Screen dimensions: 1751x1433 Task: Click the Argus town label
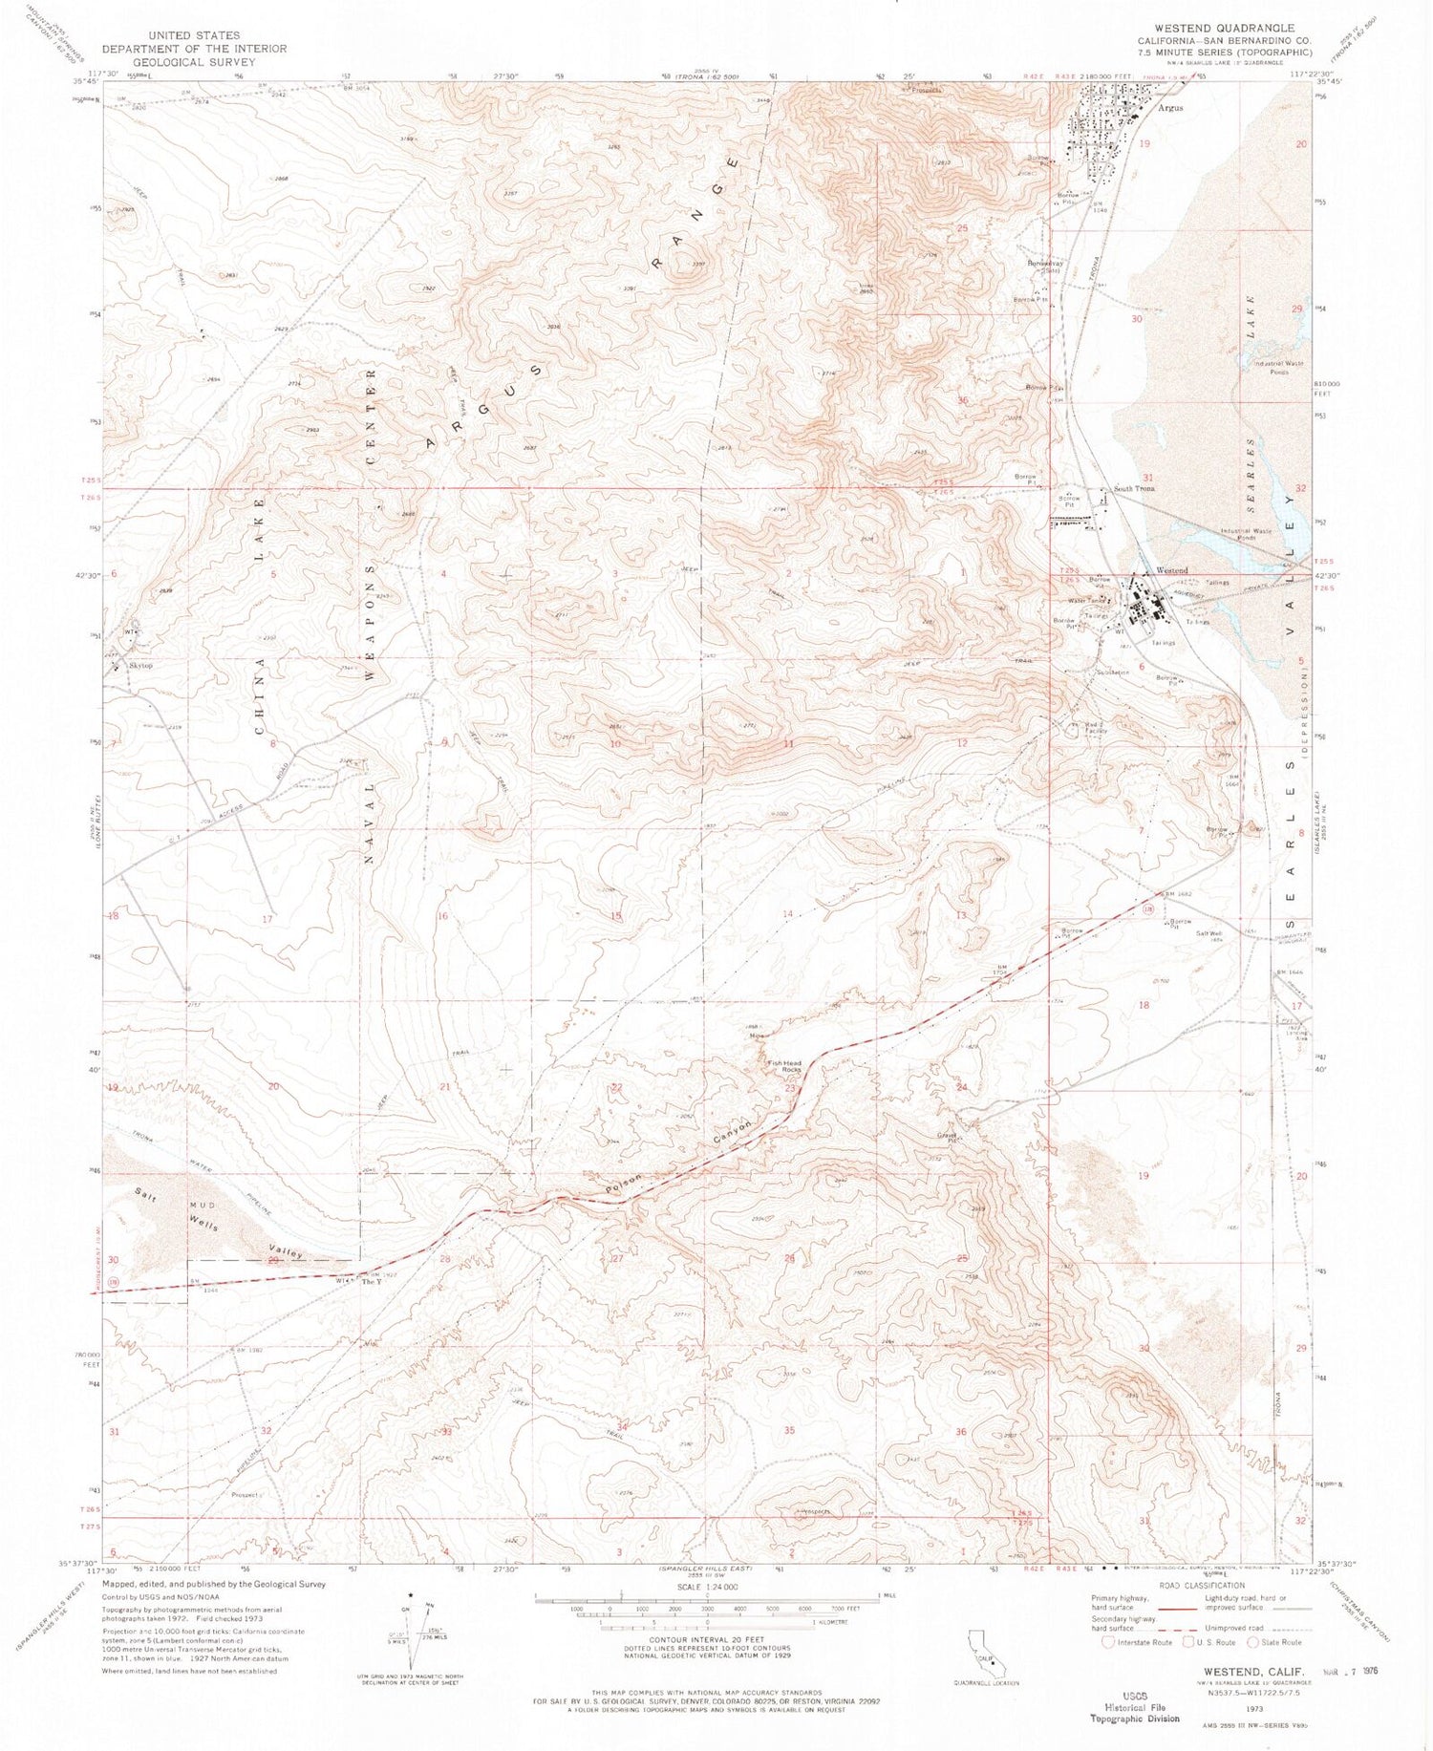pos(1170,108)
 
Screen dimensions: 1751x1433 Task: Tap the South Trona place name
pos(1134,488)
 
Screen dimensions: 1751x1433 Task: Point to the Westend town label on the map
pos(1172,570)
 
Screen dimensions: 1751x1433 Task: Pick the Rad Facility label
pos(1095,728)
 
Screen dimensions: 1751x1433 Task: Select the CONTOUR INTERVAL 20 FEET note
pos(708,1639)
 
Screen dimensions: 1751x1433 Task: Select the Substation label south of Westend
pos(1112,673)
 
